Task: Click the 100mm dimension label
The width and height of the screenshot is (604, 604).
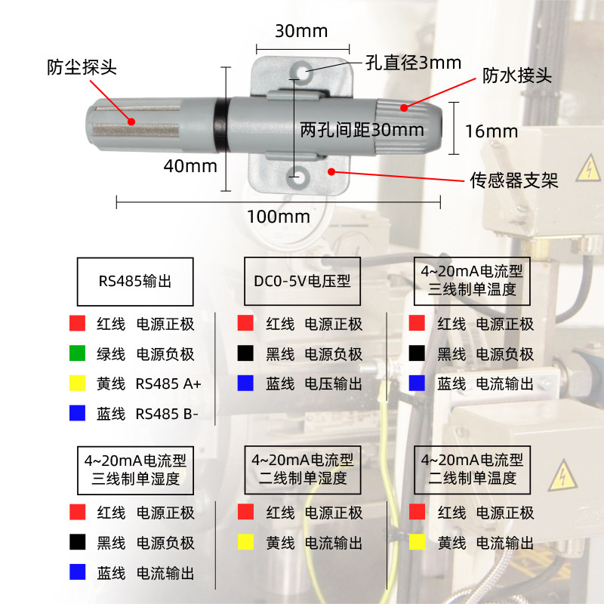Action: point(279,217)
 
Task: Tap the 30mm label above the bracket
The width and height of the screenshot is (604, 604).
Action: point(300,31)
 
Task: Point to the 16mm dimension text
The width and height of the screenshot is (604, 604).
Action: point(492,131)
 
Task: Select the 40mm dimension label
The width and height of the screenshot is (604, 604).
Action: point(190,166)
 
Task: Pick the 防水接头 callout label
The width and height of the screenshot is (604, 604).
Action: point(518,76)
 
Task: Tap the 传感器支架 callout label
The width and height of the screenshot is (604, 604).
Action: point(514,180)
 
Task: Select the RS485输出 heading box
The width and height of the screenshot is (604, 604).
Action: point(135,282)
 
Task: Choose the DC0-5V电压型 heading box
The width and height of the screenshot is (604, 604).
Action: point(302,281)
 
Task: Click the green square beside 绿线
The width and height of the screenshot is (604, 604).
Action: point(76,353)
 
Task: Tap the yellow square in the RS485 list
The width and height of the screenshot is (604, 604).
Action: point(76,384)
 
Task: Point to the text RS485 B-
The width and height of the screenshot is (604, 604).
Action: point(168,414)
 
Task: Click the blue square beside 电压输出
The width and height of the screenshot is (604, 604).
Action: point(245,384)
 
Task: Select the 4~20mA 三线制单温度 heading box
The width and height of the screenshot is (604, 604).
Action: point(472,280)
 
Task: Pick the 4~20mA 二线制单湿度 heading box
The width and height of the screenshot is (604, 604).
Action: point(302,468)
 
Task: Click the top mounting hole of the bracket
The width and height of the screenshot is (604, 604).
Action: point(304,72)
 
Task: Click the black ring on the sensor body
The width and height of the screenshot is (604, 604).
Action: point(220,122)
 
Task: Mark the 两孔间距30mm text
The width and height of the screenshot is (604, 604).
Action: point(362,130)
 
